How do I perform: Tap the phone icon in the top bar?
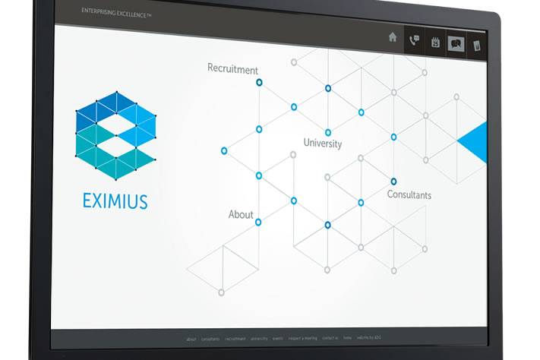coord(414,40)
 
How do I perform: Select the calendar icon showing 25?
coord(436,43)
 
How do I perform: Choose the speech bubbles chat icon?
coord(456,43)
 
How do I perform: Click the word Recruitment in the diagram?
coord(232,69)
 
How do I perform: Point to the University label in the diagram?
coord(323,143)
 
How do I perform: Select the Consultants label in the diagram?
coord(409,195)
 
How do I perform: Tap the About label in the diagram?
coord(241,215)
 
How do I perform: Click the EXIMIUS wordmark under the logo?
coord(115,201)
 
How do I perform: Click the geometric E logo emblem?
coord(116,136)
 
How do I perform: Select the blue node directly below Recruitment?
coord(259,82)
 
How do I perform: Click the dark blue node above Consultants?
coord(393,181)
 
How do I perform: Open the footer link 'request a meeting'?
coord(303,338)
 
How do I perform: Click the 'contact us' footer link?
coord(330,338)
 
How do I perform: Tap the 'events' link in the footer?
coord(278,338)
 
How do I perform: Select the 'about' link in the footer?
coord(191,339)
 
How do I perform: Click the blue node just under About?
coord(258,223)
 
